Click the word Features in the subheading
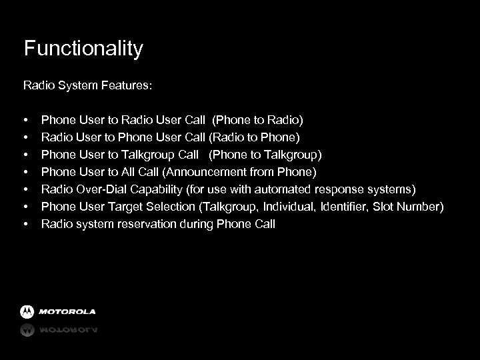[x=127, y=85]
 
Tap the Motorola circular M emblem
[x=27, y=311]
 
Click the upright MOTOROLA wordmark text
[x=67, y=311]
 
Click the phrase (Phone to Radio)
[x=257, y=120]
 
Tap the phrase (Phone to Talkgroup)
[x=265, y=155]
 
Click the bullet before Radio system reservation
[x=25, y=224]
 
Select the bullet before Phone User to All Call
[x=25, y=172]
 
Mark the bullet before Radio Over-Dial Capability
[x=25, y=189]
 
